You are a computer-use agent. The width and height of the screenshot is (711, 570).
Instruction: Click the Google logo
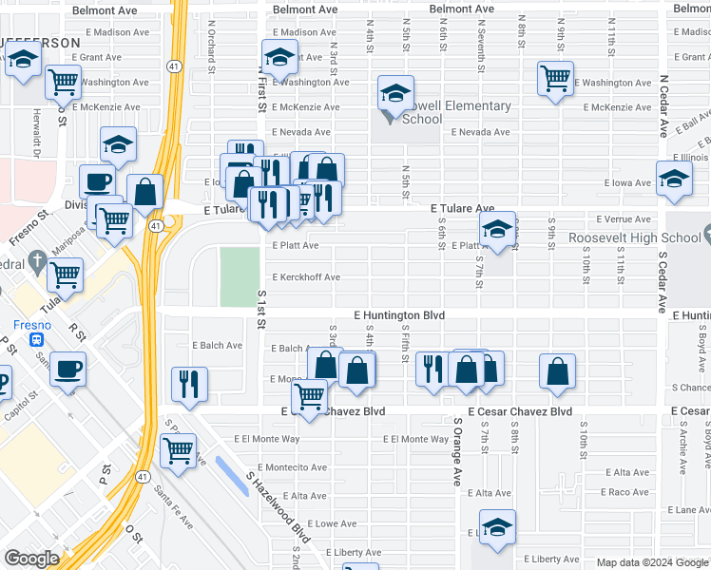(x=31, y=559)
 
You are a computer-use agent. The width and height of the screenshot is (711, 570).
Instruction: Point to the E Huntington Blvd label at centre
(x=399, y=314)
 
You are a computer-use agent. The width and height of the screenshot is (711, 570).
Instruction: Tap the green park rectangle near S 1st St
(x=240, y=276)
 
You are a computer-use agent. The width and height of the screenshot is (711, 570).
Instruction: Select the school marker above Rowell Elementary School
(x=395, y=95)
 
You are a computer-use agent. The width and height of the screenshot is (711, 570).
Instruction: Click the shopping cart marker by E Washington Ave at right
(x=555, y=79)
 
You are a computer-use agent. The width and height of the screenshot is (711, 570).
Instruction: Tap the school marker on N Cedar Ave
(x=674, y=179)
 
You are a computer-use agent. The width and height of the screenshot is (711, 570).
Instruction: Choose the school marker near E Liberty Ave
(x=497, y=528)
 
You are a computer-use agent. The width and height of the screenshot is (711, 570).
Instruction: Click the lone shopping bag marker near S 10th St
(x=557, y=371)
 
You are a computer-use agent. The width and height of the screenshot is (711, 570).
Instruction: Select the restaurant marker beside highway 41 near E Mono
(x=188, y=385)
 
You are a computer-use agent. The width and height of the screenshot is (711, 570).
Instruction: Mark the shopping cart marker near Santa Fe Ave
(x=178, y=450)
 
